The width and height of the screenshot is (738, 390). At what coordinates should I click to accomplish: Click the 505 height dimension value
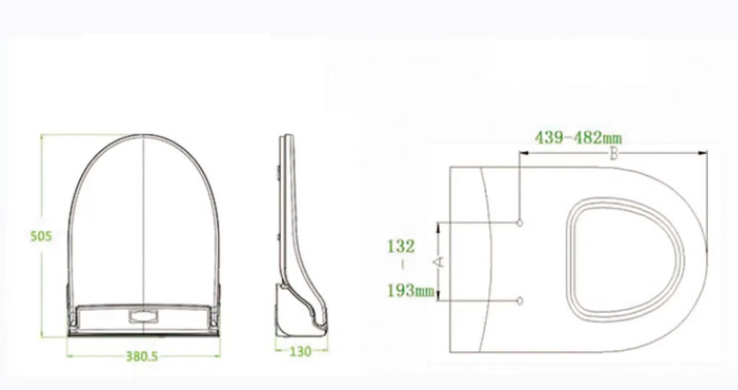(x=41, y=236)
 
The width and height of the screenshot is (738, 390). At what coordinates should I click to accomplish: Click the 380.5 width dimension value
(x=142, y=356)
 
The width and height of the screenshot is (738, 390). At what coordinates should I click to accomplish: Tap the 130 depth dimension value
(x=300, y=351)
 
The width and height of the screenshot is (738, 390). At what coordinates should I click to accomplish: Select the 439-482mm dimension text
(x=578, y=138)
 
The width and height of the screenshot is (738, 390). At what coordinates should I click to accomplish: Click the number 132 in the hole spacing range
(x=401, y=247)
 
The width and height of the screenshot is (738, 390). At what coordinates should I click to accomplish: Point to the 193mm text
(x=411, y=290)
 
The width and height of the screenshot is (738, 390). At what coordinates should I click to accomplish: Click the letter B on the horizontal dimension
(x=614, y=155)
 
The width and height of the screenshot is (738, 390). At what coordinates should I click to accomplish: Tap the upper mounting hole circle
(x=520, y=223)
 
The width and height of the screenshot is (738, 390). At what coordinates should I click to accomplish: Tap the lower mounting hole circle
(x=520, y=300)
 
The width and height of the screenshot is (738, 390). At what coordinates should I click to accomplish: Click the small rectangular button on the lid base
(x=143, y=317)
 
